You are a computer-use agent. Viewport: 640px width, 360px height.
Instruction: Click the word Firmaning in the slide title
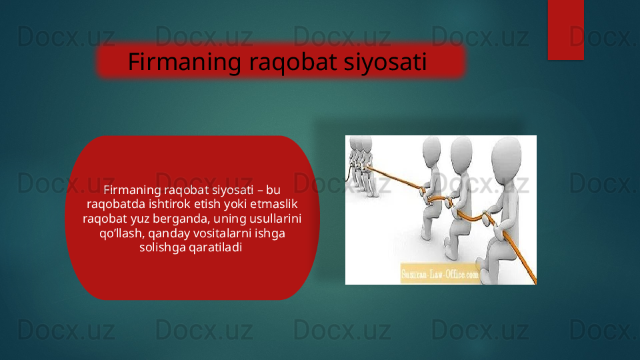pyautogui.click(x=185, y=63)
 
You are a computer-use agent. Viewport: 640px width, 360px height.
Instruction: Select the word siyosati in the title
pyautogui.click(x=385, y=63)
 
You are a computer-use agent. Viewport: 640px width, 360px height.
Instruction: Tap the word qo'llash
pyautogui.click(x=122, y=233)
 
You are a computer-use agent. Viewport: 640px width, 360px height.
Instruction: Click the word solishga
pyautogui.click(x=159, y=248)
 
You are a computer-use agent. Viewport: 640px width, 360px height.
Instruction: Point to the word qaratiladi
pyautogui.click(x=215, y=248)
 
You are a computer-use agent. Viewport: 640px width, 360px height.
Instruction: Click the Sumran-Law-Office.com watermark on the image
pyautogui.click(x=441, y=274)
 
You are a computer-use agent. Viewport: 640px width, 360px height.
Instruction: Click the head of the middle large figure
pyautogui.click(x=461, y=151)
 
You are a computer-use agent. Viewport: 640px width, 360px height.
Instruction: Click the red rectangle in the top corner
pyautogui.click(x=566, y=30)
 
